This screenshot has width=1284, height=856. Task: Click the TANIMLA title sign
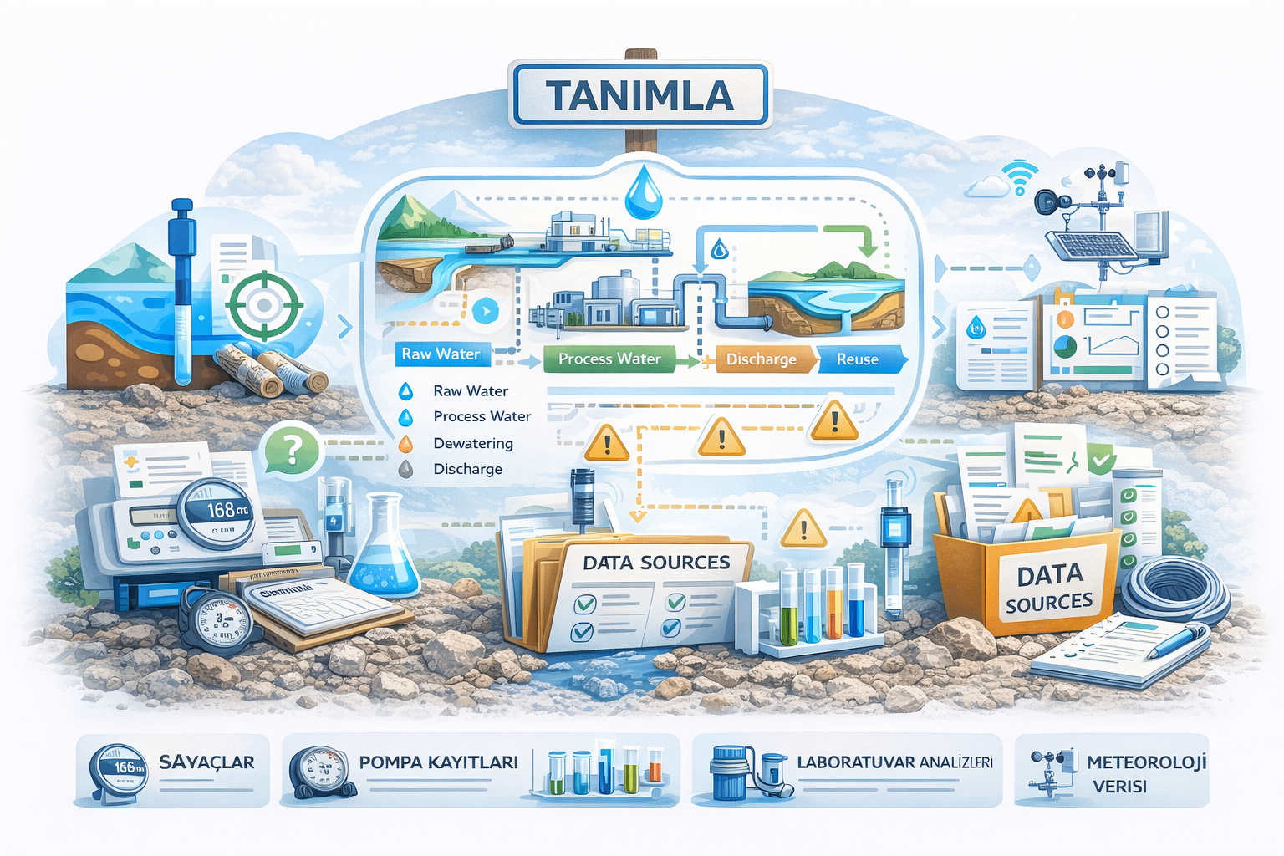coord(640,94)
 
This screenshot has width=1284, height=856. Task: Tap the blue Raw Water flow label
coord(441,354)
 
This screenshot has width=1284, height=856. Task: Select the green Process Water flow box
coord(609,359)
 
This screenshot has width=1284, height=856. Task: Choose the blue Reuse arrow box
coord(859,359)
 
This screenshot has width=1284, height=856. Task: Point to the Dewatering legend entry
coord(472,443)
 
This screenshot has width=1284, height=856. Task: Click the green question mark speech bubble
coord(292,450)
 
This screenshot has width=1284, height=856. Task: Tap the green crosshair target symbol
coord(264,304)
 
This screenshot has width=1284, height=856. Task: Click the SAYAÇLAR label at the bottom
coord(206,762)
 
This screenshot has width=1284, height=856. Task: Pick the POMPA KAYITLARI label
coord(438,762)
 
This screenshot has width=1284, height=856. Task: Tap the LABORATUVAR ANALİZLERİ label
coord(894,762)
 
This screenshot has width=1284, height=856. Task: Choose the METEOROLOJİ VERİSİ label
coord(1145,773)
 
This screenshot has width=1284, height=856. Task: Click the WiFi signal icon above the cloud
coord(1020,176)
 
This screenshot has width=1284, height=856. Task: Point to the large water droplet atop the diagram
coord(644,193)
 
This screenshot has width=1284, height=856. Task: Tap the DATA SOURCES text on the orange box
coord(1049,588)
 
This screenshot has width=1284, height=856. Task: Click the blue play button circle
coord(485,311)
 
